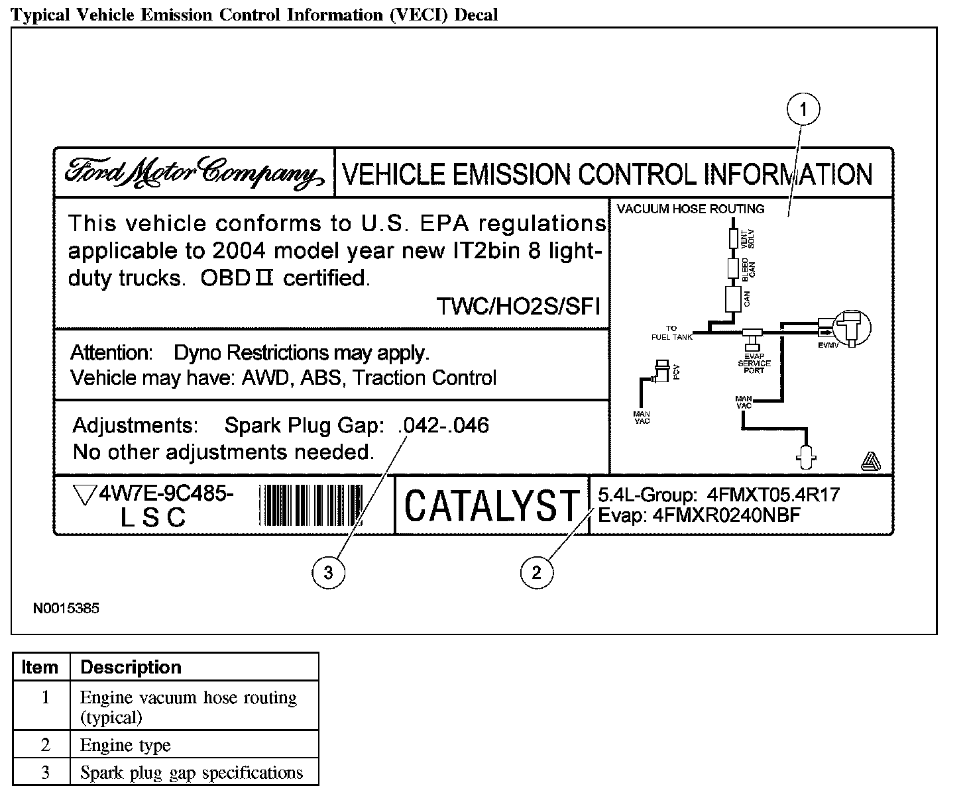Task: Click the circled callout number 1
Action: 803,109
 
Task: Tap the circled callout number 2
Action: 536,572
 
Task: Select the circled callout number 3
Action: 328,572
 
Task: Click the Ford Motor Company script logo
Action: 194,173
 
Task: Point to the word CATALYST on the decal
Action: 491,507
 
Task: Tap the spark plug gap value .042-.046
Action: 443,425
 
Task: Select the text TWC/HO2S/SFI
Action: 518,307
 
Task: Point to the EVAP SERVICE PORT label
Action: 754,364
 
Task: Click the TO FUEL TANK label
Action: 671,332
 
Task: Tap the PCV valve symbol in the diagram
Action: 662,373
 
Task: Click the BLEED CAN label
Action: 747,268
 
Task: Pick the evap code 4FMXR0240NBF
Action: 726,515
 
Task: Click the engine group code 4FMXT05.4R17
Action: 773,495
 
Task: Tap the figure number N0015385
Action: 66,608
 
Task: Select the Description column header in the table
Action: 131,667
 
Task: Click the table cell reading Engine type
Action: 125,745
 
